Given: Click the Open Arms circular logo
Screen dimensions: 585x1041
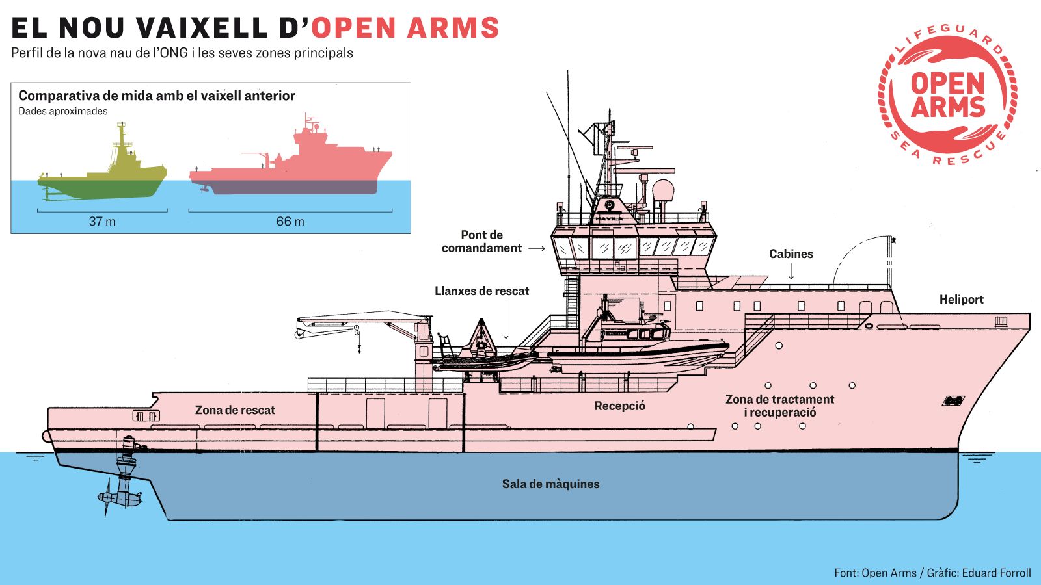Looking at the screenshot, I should pyautogui.click(x=947, y=95).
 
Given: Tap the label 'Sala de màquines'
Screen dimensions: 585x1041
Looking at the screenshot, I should pyautogui.click(x=550, y=484).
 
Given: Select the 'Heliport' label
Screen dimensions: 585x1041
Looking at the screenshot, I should pyautogui.click(x=961, y=300).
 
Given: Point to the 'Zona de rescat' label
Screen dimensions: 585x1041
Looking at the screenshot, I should pyautogui.click(x=235, y=410).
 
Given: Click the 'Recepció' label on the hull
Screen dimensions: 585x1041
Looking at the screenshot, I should pyautogui.click(x=619, y=406).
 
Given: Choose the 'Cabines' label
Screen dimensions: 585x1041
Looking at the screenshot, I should pyautogui.click(x=791, y=254).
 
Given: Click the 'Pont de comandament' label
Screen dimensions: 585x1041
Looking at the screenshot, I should pyautogui.click(x=481, y=242).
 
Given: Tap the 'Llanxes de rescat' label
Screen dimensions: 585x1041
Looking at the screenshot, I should pyautogui.click(x=481, y=291).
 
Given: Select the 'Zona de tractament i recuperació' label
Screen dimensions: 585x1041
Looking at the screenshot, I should pyautogui.click(x=779, y=406).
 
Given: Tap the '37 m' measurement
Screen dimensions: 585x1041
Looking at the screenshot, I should pyautogui.click(x=102, y=222).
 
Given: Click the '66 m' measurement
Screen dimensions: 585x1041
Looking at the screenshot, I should pyautogui.click(x=290, y=222).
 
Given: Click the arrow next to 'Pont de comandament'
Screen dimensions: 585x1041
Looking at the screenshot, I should pyautogui.click(x=536, y=248).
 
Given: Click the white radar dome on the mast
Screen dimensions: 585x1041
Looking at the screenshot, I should pyautogui.click(x=663, y=191).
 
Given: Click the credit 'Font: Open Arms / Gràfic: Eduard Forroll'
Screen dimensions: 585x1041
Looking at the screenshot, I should pyautogui.click(x=932, y=573).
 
